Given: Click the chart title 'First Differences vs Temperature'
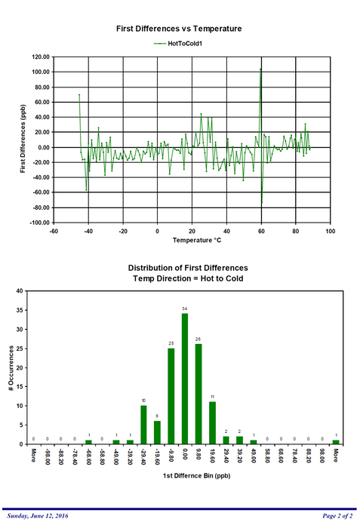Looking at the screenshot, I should click(179, 28).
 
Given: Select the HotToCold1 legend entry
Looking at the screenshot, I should click(179, 44).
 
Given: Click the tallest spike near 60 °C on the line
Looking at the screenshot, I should click(260, 70).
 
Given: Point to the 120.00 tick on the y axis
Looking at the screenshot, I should click(40, 57).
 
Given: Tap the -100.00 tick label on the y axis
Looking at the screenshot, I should click(38, 223).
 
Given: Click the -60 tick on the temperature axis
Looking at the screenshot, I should click(54, 231).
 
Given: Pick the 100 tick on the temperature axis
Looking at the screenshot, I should click(331, 231).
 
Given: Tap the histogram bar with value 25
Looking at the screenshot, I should click(171, 396).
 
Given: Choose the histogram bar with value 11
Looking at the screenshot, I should click(212, 422).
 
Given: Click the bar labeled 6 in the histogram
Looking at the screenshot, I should click(158, 432).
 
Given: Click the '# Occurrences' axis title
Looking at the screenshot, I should click(11, 367).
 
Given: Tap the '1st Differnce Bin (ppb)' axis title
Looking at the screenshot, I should click(185, 477).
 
